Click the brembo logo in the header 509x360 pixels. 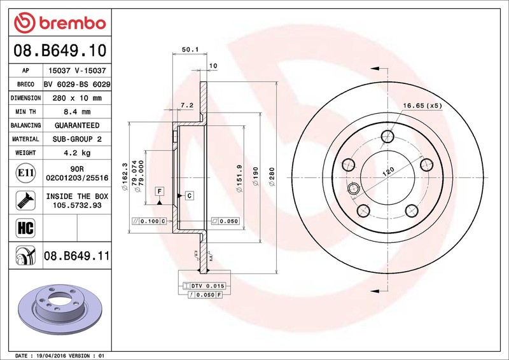pos(60,23)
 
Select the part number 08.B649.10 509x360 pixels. pos(60,50)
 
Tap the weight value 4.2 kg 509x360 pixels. pos(77,153)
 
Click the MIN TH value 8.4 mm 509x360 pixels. pos(77,112)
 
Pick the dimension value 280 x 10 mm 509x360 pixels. pos(77,98)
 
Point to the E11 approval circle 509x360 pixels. pos(25,173)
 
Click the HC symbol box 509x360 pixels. pos(25,228)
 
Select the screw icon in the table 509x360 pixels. pos(25,200)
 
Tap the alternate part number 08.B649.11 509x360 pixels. pos(77,256)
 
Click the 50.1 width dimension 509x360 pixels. pos(190,50)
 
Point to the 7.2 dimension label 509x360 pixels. pos(187,105)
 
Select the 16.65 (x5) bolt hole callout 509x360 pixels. pos(422,106)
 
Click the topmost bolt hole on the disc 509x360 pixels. pos(387,136)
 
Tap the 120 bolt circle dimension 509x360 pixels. pos(388,172)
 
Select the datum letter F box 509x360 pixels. pos(160,191)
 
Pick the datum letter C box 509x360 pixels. pos(189,195)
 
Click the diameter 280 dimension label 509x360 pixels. pos(272,177)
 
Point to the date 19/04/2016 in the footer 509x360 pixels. pos(48,356)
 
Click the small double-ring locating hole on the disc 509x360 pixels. pos(353,188)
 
